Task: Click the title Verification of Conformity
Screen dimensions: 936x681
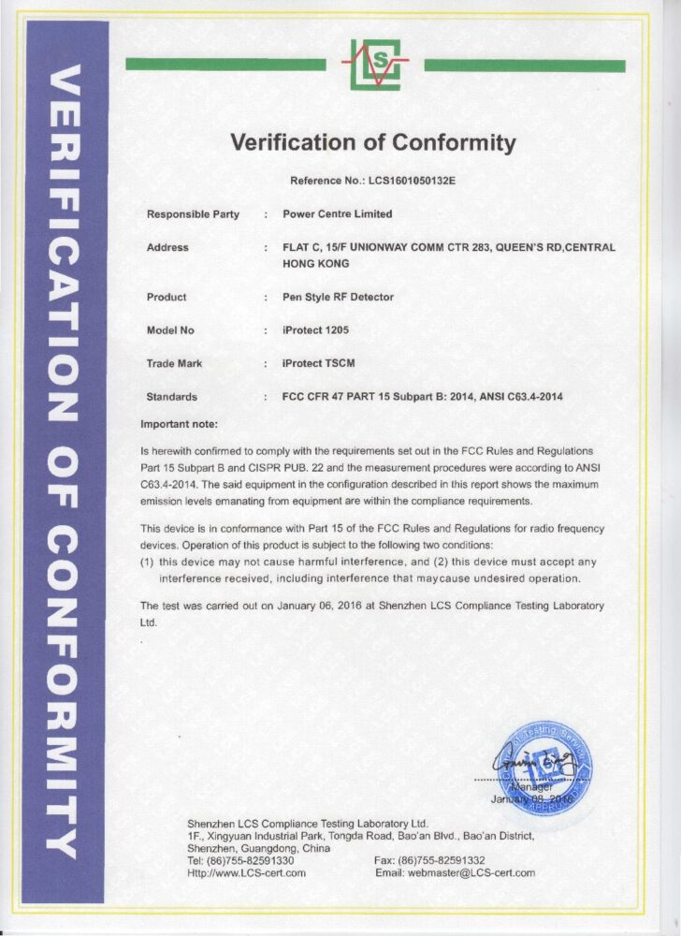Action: [x=372, y=143]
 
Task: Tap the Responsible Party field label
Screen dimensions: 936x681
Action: [x=193, y=214]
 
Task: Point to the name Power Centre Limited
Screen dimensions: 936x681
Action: [x=338, y=214]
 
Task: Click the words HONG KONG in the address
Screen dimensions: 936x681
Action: [x=315, y=264]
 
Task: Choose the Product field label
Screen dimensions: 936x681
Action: [x=167, y=297]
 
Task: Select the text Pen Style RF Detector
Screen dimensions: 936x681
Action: [x=339, y=297]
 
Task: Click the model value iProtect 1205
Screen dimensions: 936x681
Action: [x=322, y=330]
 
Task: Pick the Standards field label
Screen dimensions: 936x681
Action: [x=172, y=397]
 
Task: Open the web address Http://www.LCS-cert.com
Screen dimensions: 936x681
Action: [x=247, y=872]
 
